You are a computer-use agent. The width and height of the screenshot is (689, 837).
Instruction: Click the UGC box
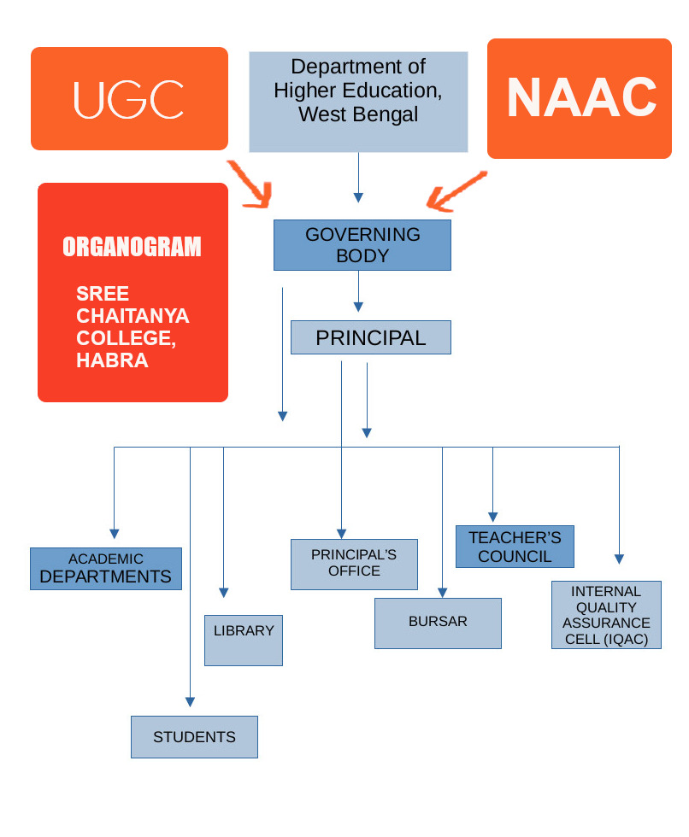coord(129,98)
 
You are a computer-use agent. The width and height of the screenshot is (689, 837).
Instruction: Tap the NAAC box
coord(579,98)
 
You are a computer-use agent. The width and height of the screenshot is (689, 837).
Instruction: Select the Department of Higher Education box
coord(358,102)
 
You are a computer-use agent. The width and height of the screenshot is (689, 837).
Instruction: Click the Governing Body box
coord(362,245)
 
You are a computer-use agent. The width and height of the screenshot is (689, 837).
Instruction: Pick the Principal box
coord(370,337)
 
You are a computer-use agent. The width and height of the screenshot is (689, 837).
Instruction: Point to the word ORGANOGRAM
coord(132,247)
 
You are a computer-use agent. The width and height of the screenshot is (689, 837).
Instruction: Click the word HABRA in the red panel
coord(112,360)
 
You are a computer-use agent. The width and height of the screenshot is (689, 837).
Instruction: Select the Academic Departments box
coord(106,569)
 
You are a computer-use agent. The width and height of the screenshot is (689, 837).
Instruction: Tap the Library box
coord(243,640)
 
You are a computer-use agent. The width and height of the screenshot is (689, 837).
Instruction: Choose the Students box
coord(194,736)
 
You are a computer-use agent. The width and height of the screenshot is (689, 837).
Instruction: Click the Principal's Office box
coord(354,564)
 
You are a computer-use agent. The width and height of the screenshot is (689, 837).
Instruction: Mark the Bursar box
coord(438,623)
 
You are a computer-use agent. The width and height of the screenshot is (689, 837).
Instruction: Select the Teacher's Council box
coord(515,547)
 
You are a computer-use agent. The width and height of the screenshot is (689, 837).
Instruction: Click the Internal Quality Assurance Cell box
coord(606,615)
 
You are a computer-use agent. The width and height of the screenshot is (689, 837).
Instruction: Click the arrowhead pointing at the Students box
coord(190,701)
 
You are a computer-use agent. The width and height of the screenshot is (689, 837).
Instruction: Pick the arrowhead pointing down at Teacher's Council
coord(492,516)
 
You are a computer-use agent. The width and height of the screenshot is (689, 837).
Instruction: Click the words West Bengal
coord(358,114)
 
